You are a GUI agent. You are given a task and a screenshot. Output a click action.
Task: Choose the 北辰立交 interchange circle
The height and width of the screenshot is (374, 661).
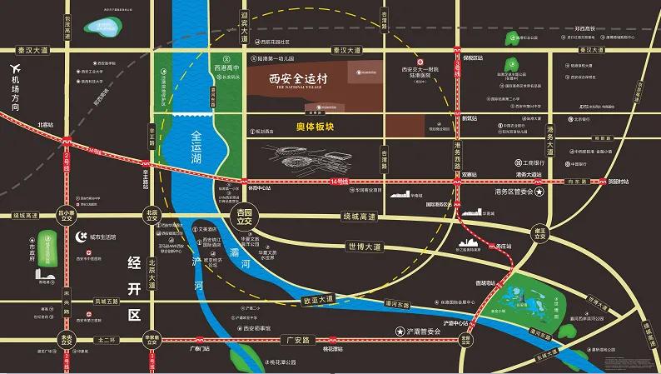coord(152,216)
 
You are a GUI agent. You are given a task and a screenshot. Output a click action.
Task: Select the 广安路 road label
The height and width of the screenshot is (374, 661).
coord(297,340)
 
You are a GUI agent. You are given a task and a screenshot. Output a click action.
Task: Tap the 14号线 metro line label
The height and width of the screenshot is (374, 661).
coord(337,181)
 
